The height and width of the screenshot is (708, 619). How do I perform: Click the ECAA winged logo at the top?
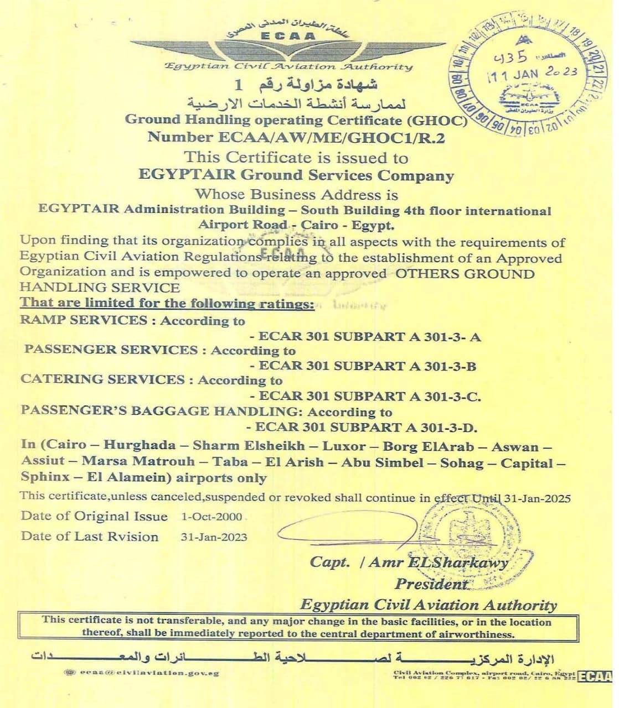[288, 47]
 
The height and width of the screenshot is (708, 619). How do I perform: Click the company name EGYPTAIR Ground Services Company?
[296, 176]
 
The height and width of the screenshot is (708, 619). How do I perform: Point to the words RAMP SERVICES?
[84, 320]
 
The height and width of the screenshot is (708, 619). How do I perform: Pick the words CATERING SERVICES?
[102, 380]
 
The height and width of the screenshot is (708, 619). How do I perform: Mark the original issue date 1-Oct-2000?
[212, 517]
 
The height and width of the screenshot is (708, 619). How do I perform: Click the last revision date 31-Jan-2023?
[214, 537]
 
